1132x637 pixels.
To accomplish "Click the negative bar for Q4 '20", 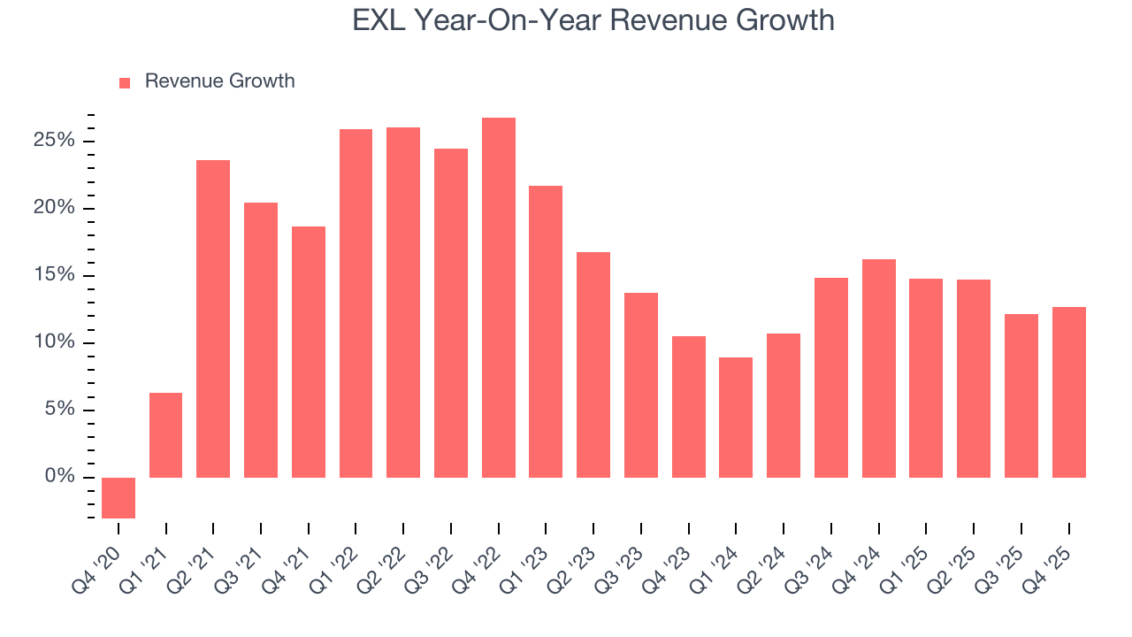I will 119,497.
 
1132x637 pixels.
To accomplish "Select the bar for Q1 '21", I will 166,435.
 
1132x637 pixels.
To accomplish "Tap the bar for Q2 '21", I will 213,318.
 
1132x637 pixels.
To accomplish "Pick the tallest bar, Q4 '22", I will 499,297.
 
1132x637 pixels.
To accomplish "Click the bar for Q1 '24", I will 736,418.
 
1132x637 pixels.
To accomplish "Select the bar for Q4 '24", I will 878,368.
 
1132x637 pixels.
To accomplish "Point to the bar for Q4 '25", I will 1068,392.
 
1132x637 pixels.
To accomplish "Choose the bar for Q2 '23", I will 593,365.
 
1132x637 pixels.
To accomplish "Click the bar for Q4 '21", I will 309,352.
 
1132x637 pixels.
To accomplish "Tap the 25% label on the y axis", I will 55,142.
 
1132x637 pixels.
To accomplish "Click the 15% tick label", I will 55,276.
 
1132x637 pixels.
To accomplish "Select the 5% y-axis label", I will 59,410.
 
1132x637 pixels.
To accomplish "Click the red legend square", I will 125,82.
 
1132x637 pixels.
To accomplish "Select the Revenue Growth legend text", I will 219,81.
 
